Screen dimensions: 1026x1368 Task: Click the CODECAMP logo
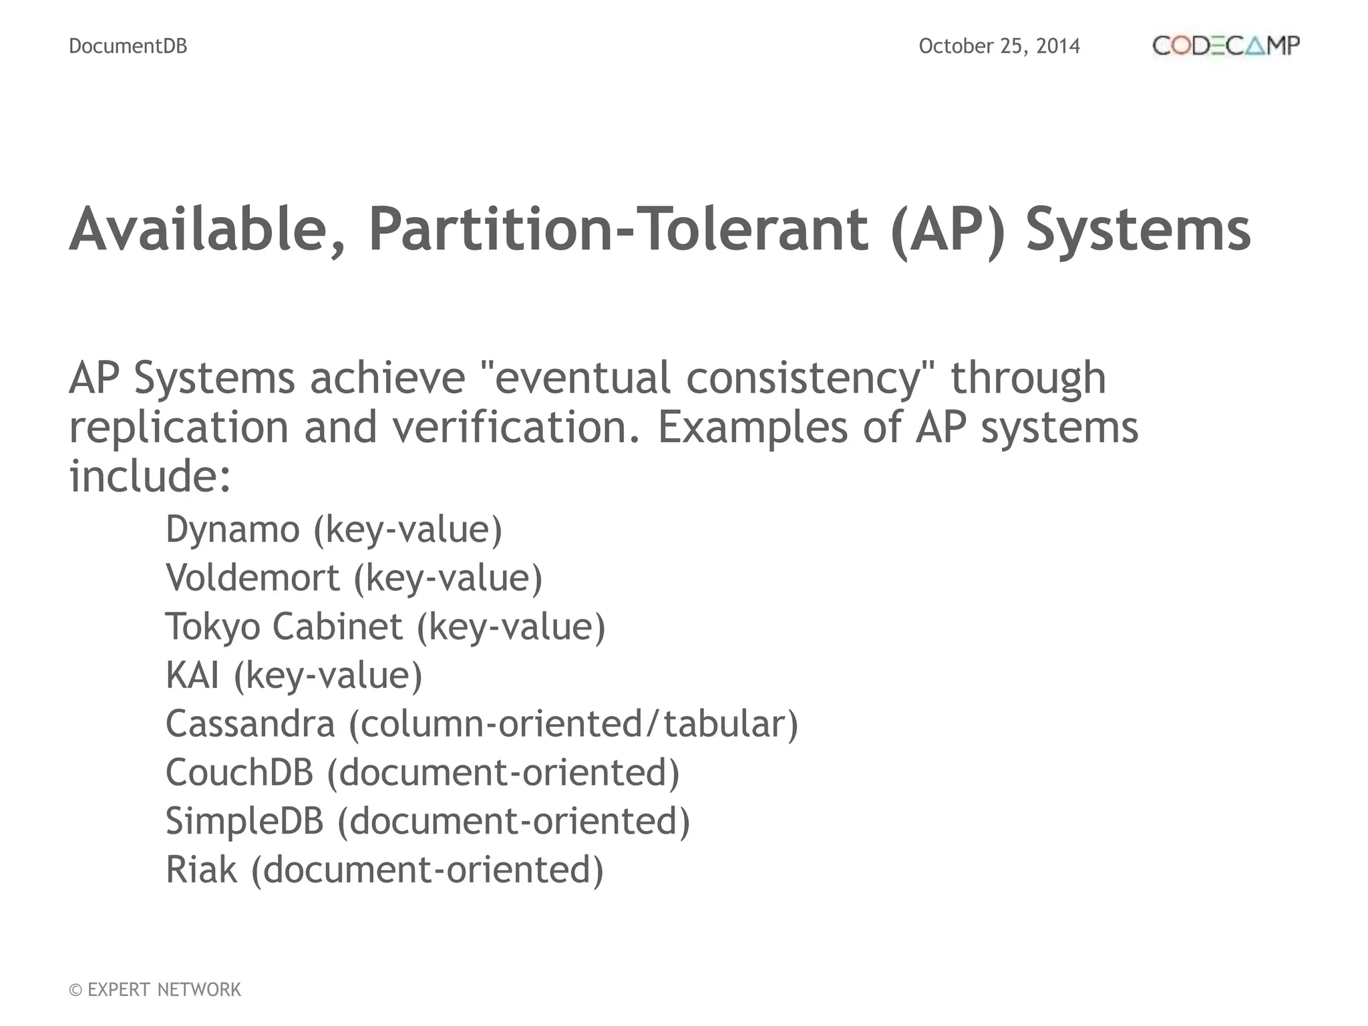click(1226, 45)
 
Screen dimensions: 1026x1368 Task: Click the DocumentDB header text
click(128, 46)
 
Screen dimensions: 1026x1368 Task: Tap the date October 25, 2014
click(999, 46)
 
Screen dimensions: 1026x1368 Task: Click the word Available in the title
click(207, 229)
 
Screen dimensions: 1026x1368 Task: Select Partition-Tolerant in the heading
click(619, 229)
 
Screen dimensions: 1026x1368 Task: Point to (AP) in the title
click(948, 229)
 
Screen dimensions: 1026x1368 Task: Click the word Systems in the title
click(1138, 229)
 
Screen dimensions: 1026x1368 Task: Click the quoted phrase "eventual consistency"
click(707, 378)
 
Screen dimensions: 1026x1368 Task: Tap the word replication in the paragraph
click(178, 427)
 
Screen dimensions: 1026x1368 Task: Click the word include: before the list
click(150, 476)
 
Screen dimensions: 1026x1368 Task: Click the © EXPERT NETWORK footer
click(155, 989)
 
